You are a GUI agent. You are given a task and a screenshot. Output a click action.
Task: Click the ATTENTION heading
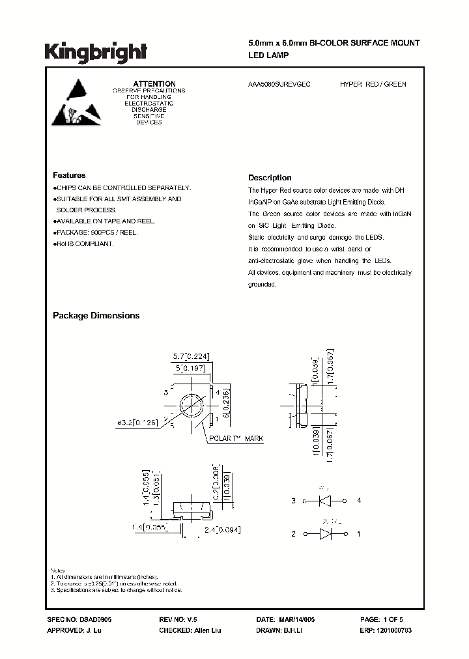[154, 83]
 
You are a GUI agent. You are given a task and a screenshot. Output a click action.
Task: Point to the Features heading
[69, 175]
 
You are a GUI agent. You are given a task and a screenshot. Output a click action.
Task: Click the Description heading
[270, 178]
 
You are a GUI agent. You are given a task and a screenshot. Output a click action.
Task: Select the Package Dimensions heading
[96, 315]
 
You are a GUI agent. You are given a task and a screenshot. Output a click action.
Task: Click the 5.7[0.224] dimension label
[192, 356]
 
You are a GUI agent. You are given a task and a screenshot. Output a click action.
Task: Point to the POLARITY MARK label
[236, 439]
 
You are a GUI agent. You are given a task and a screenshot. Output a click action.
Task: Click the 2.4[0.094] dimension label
[222, 531]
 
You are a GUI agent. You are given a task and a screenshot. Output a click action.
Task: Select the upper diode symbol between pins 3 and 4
[326, 501]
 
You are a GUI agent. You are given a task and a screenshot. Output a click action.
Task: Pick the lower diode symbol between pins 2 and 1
[326, 534]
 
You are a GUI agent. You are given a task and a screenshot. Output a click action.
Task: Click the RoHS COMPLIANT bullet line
[84, 244]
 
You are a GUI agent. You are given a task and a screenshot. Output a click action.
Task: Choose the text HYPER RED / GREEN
[373, 85]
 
